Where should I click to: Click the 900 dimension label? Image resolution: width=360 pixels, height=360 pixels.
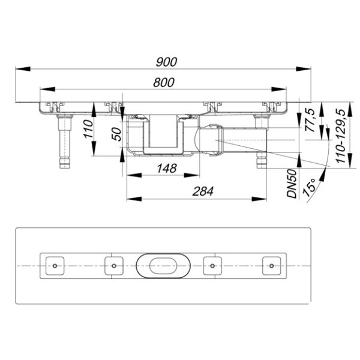(166, 62)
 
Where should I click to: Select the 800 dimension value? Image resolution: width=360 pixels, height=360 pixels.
(164, 82)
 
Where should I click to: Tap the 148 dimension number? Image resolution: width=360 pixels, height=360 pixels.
(167, 168)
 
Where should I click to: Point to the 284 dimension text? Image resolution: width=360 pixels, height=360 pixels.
(203, 191)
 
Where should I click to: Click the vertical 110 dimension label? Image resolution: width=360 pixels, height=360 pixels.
(89, 129)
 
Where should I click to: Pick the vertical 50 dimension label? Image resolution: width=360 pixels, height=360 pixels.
(116, 134)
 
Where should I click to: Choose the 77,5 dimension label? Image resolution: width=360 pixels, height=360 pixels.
(310, 120)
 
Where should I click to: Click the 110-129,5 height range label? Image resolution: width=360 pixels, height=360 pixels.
(340, 136)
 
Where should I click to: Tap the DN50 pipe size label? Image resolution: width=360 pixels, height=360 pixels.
(292, 184)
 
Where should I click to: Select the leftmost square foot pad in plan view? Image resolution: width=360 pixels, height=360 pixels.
(55, 266)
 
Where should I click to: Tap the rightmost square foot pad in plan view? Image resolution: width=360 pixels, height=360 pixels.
(272, 266)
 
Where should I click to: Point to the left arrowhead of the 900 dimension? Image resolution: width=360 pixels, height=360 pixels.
(23, 69)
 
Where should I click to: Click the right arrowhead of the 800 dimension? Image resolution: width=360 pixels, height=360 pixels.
(279, 89)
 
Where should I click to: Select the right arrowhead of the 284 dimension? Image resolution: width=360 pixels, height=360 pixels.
(259, 199)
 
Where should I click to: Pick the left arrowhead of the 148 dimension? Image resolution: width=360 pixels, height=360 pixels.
(134, 175)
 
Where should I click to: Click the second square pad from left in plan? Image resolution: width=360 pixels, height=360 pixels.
(114, 266)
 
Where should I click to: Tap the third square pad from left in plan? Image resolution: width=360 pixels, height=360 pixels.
(212, 266)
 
